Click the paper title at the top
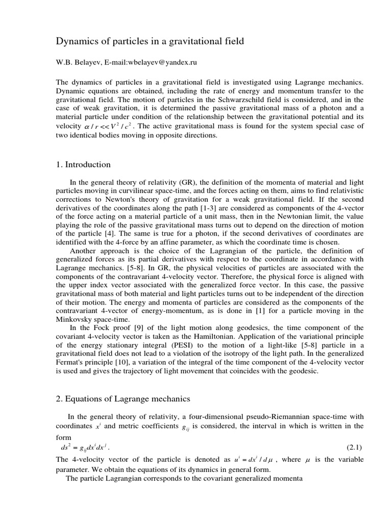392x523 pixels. tap(150, 41)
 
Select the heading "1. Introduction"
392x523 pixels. tap(83, 164)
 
